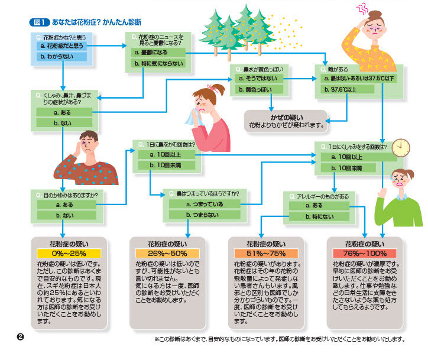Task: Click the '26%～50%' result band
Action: coord(168,253)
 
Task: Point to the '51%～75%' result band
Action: coord(265,253)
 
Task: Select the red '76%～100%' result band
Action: coord(364,253)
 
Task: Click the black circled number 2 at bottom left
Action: coord(20,336)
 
